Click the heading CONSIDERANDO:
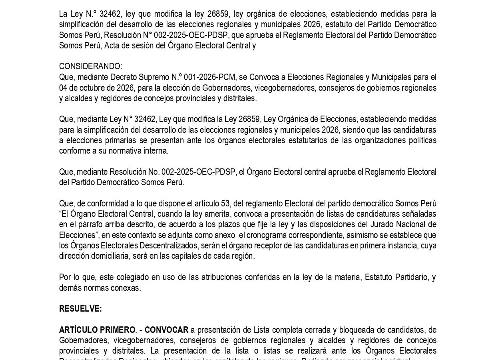pos(91,66)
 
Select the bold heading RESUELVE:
pos(80,309)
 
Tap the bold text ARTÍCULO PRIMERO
pos(97,330)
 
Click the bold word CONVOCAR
pos(166,330)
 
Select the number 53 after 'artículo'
pos(225,203)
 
